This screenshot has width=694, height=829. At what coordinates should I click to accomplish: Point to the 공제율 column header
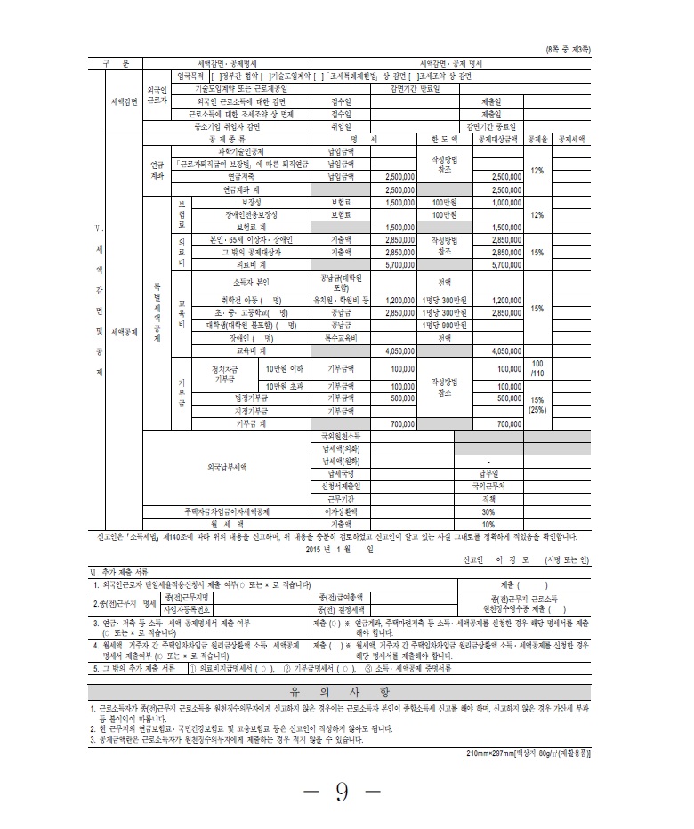(537, 140)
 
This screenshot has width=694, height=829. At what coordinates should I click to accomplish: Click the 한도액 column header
(444, 140)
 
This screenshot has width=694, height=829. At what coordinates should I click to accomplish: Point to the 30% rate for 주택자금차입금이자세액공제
(488, 512)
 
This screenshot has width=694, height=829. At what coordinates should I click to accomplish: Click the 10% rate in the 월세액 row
(488, 524)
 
